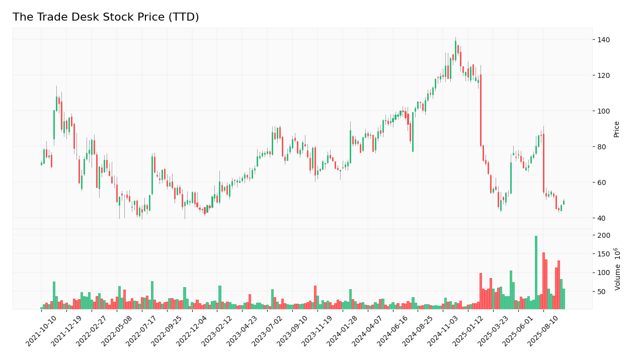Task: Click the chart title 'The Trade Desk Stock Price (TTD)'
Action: coord(106,18)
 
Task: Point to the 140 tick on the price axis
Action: coord(604,40)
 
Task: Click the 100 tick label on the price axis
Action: coord(604,111)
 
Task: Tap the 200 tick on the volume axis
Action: coord(604,235)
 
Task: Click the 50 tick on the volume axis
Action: coord(602,292)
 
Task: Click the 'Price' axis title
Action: coord(616,129)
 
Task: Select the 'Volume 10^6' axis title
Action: coord(617,269)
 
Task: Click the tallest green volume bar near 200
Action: coord(536,272)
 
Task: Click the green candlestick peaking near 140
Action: coord(455,51)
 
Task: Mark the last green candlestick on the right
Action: coord(564,203)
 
